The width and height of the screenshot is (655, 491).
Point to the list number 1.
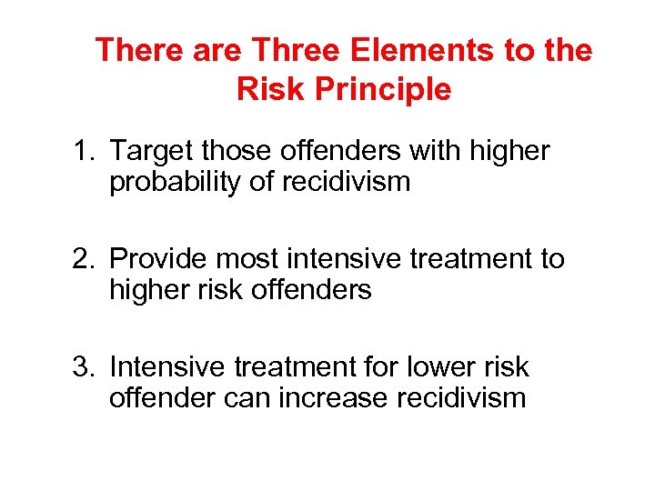(83, 151)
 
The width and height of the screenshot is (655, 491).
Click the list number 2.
(83, 259)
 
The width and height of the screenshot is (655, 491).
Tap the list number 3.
(83, 367)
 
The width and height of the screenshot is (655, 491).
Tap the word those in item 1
(239, 151)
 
